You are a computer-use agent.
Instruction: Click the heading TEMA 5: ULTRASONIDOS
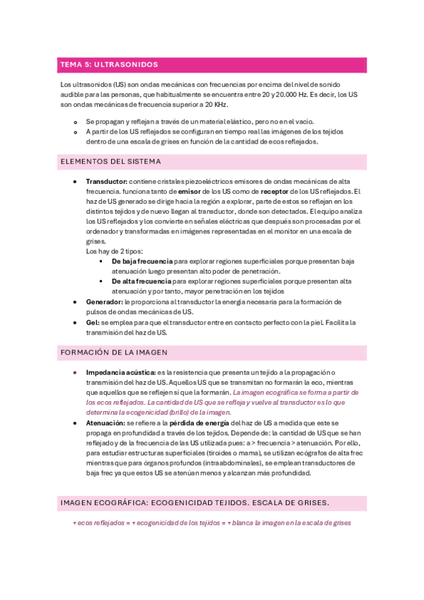coord(109,64)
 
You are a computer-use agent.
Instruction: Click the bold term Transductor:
coord(106,182)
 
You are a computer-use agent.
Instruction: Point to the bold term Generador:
coord(104,301)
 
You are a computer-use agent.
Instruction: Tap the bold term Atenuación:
coord(105,422)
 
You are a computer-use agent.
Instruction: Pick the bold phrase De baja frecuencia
coord(142,261)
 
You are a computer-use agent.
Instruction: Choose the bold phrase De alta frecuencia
coord(142,281)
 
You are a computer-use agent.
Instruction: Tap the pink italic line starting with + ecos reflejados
coord(212,523)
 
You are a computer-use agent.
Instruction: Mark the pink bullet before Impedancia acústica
coord(76,372)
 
